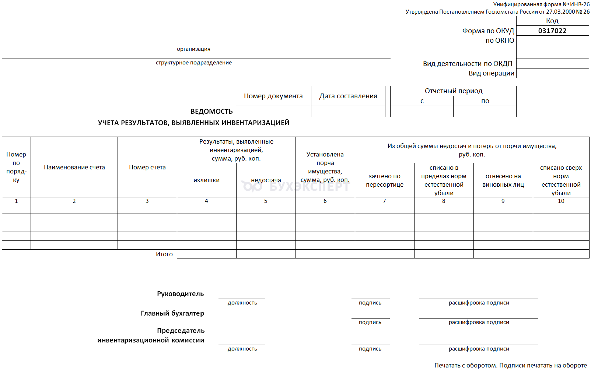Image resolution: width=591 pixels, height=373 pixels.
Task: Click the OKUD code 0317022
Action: (x=552, y=31)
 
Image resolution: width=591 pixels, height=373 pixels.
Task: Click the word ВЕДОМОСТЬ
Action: (x=211, y=112)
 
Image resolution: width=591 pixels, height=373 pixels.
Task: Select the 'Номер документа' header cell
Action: (x=273, y=96)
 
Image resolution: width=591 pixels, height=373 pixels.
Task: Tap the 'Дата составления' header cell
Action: (x=348, y=96)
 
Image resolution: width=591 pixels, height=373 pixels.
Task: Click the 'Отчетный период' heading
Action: (x=453, y=91)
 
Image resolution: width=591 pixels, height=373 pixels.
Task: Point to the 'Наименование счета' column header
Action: (x=74, y=168)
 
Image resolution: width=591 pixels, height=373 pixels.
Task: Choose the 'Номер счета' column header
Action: (x=147, y=168)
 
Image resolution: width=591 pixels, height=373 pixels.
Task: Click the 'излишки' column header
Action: (x=206, y=180)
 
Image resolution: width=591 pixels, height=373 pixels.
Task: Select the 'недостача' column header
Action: (x=266, y=180)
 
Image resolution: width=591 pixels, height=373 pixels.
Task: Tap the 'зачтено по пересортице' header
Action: (x=384, y=180)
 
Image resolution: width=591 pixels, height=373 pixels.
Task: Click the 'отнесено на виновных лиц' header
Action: (x=503, y=180)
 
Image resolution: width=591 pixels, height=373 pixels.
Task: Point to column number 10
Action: (x=561, y=201)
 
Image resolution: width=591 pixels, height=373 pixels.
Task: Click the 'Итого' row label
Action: (x=164, y=254)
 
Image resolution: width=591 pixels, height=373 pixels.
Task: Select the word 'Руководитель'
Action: (x=180, y=294)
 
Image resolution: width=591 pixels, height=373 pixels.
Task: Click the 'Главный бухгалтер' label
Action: (x=172, y=313)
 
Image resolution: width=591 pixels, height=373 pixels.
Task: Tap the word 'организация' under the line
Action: (x=193, y=49)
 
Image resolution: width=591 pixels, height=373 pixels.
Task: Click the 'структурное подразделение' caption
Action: (x=194, y=63)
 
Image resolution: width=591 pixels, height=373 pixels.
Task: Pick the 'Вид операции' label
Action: (x=491, y=73)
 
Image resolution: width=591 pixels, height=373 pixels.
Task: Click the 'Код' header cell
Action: (x=552, y=21)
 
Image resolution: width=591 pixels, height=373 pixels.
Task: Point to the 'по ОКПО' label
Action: (x=500, y=41)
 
